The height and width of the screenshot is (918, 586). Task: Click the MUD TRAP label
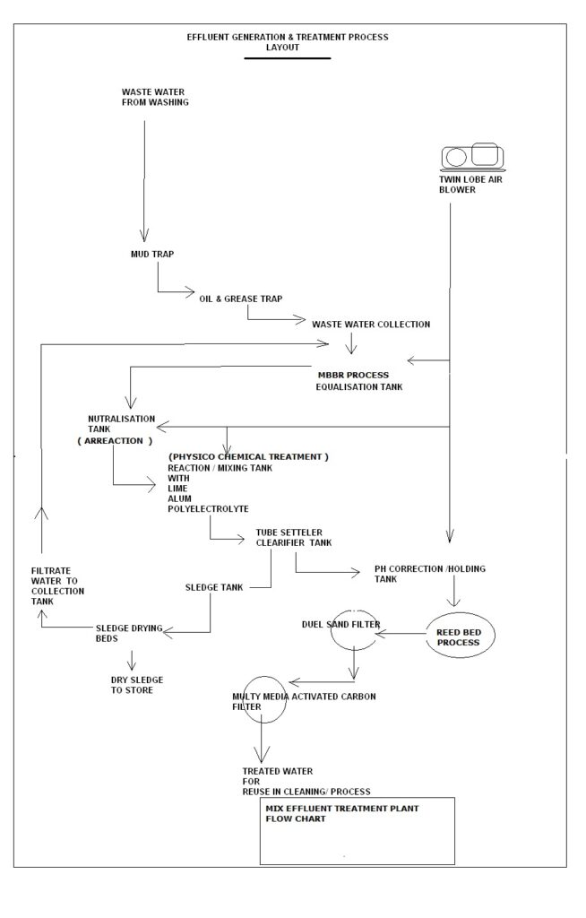[152, 254]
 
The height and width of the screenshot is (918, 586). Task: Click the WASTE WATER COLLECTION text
[371, 324]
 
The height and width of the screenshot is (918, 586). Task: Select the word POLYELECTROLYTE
[208, 509]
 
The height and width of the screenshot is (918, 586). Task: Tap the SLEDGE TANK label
[214, 588]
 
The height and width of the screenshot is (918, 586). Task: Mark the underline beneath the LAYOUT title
[288, 57]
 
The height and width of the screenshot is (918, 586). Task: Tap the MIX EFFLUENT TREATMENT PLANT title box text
[330, 813]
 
